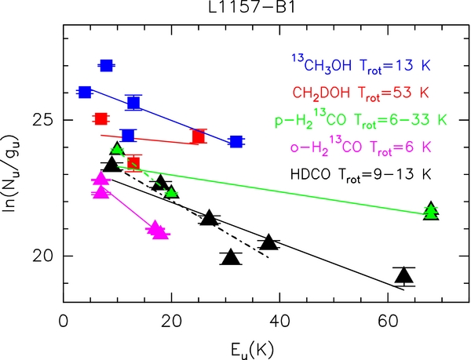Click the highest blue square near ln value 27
(x=107, y=65)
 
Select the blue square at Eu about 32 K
(x=235, y=142)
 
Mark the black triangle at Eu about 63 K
(x=403, y=275)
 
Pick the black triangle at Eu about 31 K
(x=230, y=257)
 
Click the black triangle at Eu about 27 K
(x=209, y=217)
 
